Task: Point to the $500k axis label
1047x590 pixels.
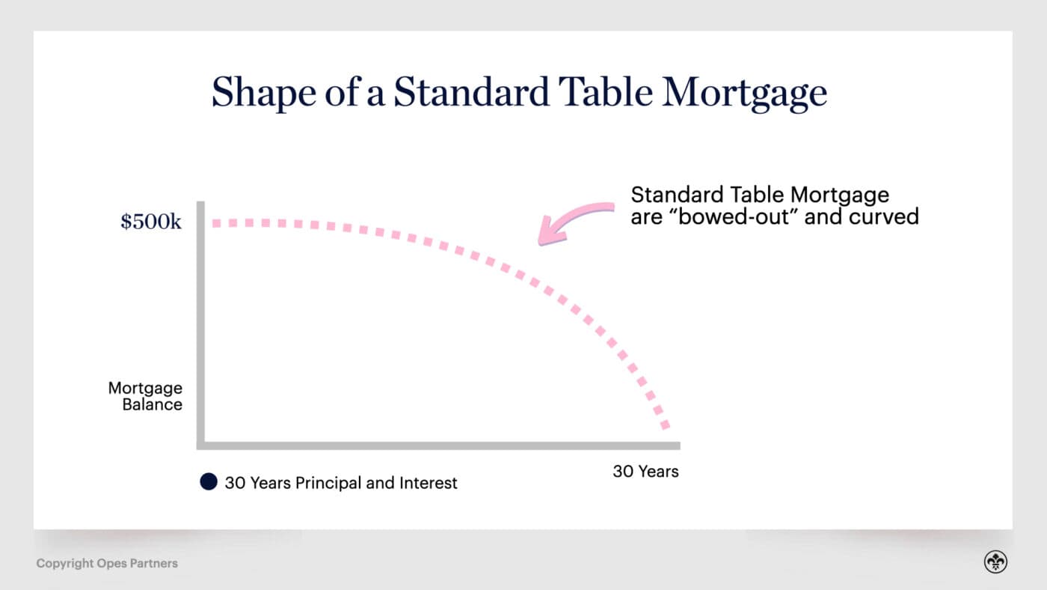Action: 151,222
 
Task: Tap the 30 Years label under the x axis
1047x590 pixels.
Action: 645,472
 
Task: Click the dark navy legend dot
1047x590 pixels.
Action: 209,482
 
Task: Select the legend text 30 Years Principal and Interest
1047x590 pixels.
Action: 341,483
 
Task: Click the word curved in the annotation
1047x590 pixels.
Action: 887,216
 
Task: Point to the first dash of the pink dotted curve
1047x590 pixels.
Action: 217,223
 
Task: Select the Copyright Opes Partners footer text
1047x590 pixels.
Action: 107,563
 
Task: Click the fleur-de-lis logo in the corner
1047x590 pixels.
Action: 995,562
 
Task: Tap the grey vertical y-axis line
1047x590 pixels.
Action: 200,322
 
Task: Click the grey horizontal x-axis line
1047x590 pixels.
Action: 441,445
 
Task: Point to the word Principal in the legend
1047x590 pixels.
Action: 328,483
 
